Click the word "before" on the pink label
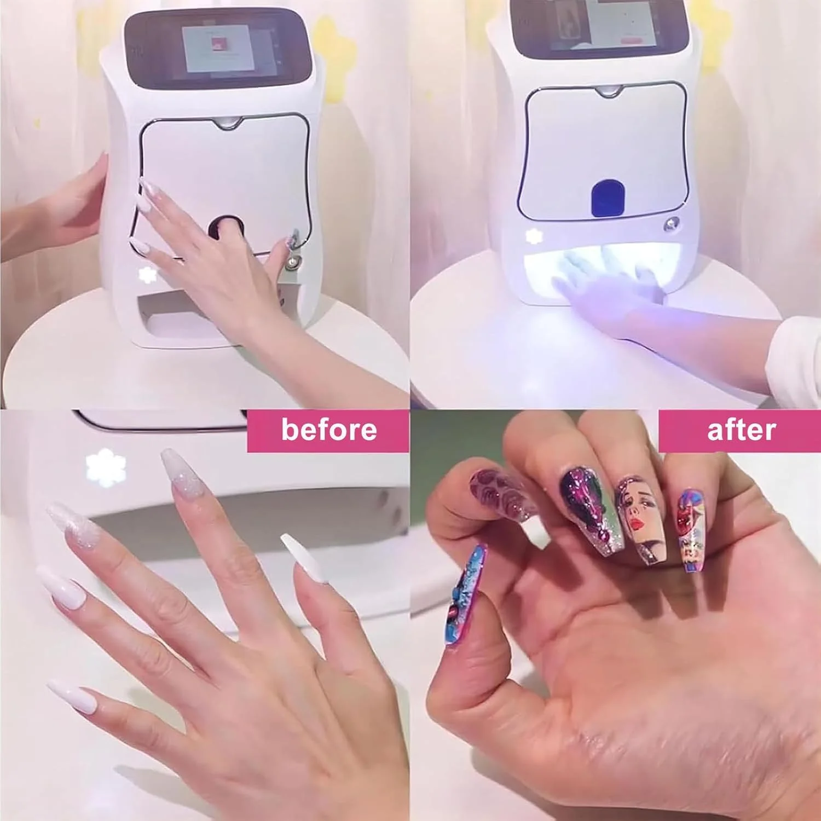pos(329,430)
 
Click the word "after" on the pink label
pos(741,430)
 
